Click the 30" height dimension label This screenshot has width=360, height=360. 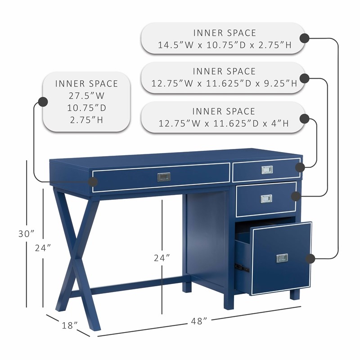[27, 234]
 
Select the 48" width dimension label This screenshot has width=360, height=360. [198, 321]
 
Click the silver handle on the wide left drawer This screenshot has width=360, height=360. [163, 176]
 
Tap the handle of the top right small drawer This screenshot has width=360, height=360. [267, 170]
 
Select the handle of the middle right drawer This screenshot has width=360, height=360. [267, 198]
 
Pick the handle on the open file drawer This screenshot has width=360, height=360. [282, 258]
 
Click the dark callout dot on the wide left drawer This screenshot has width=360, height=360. [93, 182]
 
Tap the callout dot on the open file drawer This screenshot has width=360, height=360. [310, 258]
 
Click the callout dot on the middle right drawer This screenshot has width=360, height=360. [296, 196]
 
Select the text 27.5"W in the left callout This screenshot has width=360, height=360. [87, 96]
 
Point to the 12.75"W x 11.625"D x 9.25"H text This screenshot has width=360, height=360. [224, 84]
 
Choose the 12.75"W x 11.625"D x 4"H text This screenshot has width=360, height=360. [224, 123]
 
